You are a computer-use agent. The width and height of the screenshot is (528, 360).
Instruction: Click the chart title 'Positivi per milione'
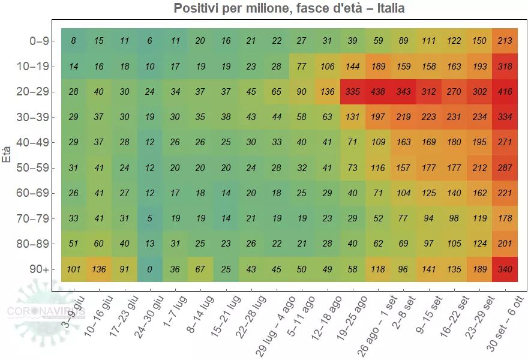[289, 8]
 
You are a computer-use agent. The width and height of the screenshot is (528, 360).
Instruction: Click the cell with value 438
[378, 92]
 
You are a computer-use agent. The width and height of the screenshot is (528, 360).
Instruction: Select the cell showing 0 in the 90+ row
[149, 269]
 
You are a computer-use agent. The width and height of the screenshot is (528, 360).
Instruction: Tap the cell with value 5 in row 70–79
[149, 218]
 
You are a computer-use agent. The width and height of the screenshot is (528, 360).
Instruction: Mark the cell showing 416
[505, 92]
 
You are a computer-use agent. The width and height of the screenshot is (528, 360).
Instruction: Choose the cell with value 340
[505, 269]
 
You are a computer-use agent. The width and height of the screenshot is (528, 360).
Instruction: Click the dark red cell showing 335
[353, 92]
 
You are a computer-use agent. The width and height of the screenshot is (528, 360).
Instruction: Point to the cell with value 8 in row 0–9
[73, 41]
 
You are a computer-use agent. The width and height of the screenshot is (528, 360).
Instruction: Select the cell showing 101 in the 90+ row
[73, 269]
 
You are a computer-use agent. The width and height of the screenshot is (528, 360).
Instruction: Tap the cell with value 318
[505, 67]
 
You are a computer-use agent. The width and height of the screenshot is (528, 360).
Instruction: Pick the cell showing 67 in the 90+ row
[200, 269]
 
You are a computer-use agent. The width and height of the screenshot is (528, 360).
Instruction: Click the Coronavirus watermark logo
[45, 311]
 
